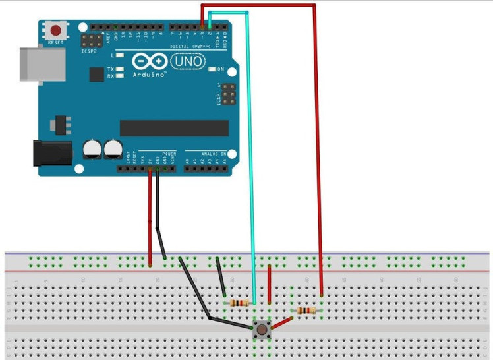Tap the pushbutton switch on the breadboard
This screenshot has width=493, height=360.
coord(262,329)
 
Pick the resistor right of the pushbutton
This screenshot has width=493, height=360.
coord(306,310)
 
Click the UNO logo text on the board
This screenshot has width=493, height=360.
coord(187,62)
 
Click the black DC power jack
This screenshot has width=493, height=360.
coord(52,152)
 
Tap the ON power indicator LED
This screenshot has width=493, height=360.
coord(212,69)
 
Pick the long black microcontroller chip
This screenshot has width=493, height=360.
coord(174,128)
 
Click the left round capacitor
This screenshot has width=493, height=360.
coord(92,150)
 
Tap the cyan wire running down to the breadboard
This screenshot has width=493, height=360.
coord(249,165)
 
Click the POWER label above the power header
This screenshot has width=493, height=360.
coord(169,153)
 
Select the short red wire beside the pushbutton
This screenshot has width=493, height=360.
coord(269,284)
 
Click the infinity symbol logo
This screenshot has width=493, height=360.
coord(150,61)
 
